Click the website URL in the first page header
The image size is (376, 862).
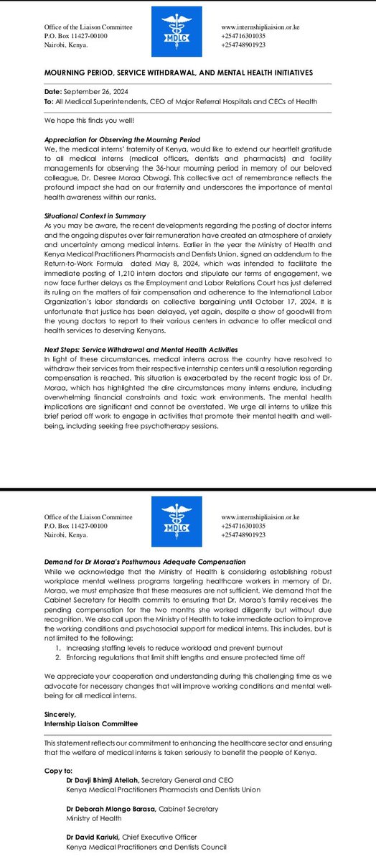[260, 27]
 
